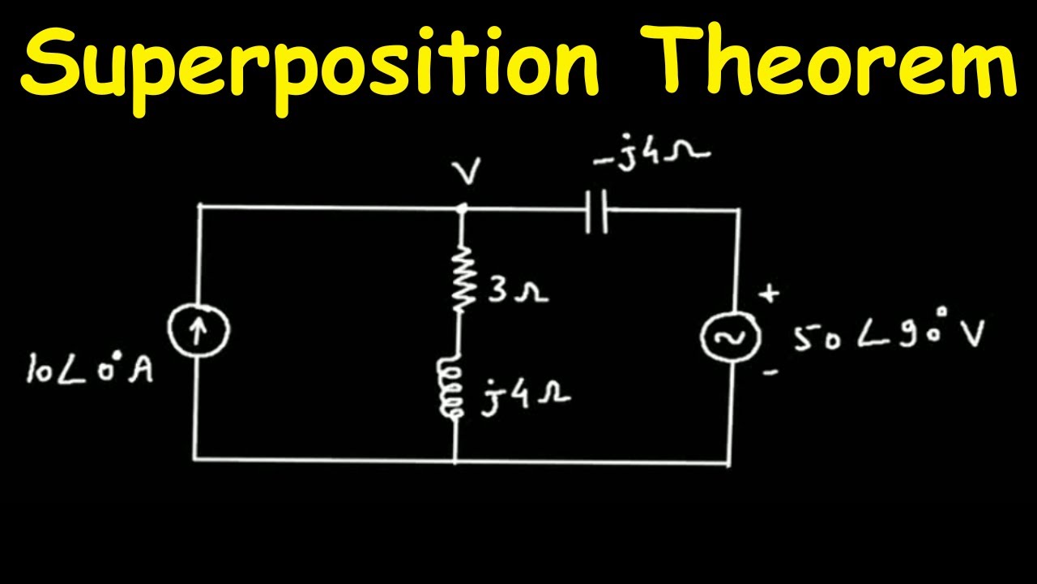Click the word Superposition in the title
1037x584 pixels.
pyautogui.click(x=310, y=70)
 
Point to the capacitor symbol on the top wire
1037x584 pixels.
pyautogui.click(x=596, y=211)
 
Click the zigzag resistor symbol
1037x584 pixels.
pyautogui.click(x=461, y=279)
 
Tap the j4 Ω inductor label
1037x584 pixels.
pyautogui.click(x=526, y=397)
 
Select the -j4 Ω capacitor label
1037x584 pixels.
pyautogui.click(x=652, y=152)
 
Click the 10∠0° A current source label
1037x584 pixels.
pyautogui.click(x=89, y=369)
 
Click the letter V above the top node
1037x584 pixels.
pyautogui.click(x=467, y=171)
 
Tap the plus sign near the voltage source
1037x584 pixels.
pyautogui.click(x=769, y=294)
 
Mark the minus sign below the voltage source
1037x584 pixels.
pyautogui.click(x=770, y=371)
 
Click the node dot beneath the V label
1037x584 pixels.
pyautogui.click(x=462, y=209)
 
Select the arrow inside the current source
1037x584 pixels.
pyautogui.click(x=198, y=332)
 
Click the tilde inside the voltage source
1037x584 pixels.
pyautogui.click(x=730, y=337)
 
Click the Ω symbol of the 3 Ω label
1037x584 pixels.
pyautogui.click(x=532, y=294)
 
